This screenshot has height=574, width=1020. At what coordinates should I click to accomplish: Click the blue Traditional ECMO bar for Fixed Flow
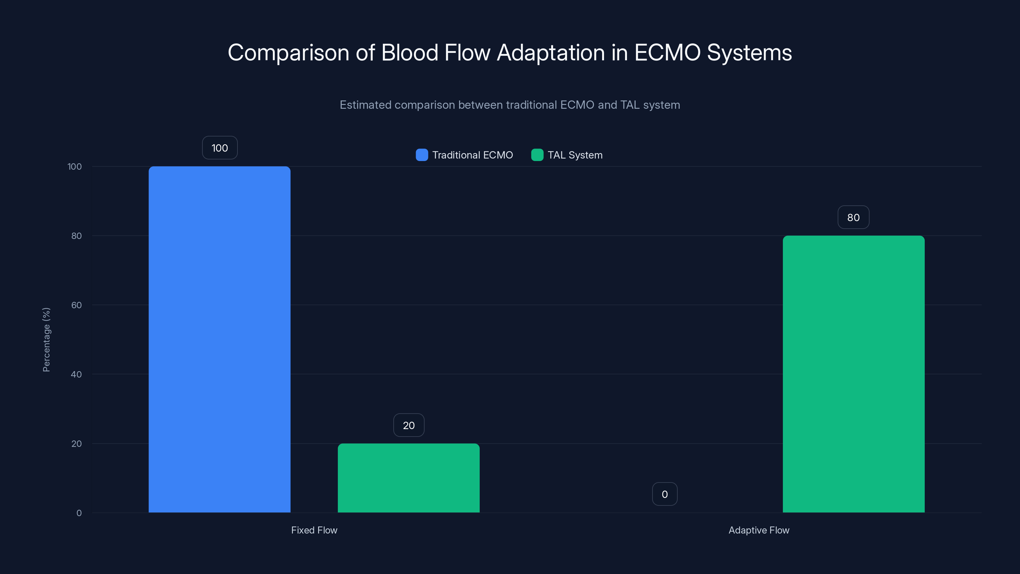pyautogui.click(x=219, y=339)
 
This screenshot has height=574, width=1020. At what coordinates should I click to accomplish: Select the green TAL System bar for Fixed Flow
pyautogui.click(x=409, y=478)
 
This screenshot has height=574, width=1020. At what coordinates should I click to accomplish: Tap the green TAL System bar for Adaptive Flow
pyautogui.click(x=853, y=374)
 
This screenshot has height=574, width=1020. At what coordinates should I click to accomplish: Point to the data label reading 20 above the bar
pyautogui.click(x=409, y=425)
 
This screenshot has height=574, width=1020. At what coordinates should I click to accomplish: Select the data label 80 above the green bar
pyautogui.click(x=853, y=217)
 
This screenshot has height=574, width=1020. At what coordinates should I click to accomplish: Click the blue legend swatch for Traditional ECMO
pyautogui.click(x=422, y=155)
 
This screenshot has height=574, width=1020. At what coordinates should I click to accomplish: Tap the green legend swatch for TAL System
pyautogui.click(x=537, y=155)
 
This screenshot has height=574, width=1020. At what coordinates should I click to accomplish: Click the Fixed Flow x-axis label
pyautogui.click(x=314, y=530)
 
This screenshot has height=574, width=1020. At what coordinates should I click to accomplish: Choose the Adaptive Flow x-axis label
pyautogui.click(x=759, y=530)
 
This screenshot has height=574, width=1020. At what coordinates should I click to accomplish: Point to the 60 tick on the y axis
pyautogui.click(x=76, y=305)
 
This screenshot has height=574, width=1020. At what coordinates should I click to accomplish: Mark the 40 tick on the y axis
pyautogui.click(x=76, y=374)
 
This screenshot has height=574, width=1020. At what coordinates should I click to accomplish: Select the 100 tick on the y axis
pyautogui.click(x=75, y=166)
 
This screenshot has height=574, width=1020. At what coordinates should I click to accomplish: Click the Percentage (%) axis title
pyautogui.click(x=46, y=340)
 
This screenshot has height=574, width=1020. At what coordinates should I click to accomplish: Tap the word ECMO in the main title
pyautogui.click(x=667, y=53)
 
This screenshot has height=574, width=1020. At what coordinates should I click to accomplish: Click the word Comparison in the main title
pyautogui.click(x=288, y=53)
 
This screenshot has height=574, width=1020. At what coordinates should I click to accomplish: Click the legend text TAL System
pyautogui.click(x=575, y=155)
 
